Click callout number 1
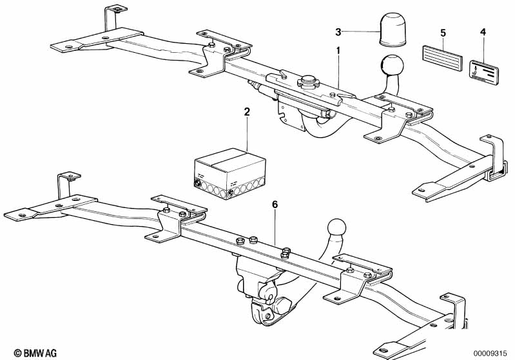(338, 51)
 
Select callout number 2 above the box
(247, 112)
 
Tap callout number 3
(338, 32)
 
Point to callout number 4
(483, 32)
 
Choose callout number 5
(443, 33)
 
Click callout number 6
(275, 205)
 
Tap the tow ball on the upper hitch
(392, 65)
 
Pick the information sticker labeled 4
(483, 73)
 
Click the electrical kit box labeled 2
(229, 174)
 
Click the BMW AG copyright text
(35, 353)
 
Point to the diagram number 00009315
(492, 353)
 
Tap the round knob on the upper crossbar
(309, 81)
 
